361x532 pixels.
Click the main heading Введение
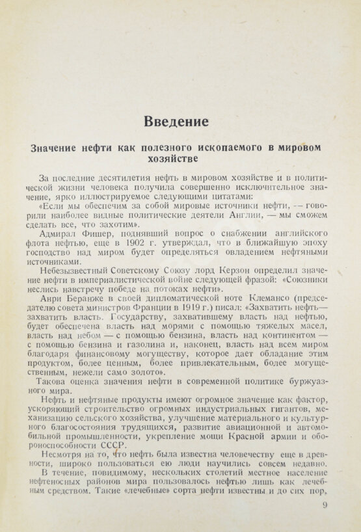pos(177,121)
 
